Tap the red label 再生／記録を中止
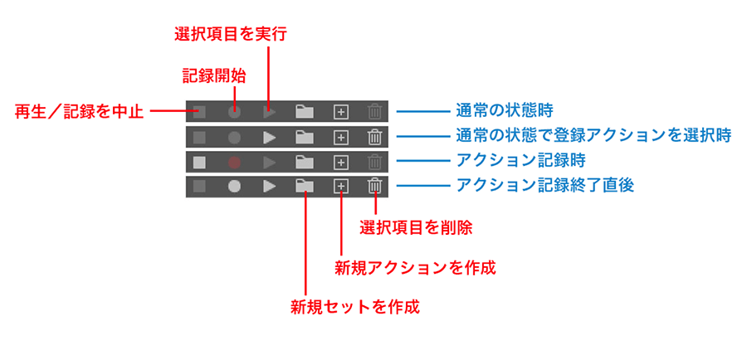[x=79, y=111]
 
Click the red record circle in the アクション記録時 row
[x=235, y=162]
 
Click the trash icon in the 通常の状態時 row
[x=375, y=111]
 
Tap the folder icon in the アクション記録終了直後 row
[x=305, y=187]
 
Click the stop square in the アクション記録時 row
[x=199, y=162]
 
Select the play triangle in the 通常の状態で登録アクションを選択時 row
[x=269, y=137]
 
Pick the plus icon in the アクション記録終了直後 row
[x=339, y=187]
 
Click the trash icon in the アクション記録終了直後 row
[x=375, y=187]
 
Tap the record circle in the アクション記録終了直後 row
[x=235, y=187]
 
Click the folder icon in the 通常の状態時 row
[x=305, y=111]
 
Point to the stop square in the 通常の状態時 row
[x=199, y=111]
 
